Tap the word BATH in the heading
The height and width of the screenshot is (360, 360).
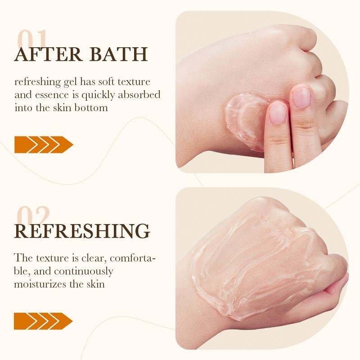click(118, 54)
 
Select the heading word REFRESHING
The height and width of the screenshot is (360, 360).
click(82, 231)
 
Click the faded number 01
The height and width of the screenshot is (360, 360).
click(32, 39)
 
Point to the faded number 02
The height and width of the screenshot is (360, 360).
click(33, 216)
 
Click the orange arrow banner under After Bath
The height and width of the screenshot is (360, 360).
click(44, 144)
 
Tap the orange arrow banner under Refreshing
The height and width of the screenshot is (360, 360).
click(43, 321)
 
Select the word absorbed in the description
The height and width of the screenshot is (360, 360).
click(139, 95)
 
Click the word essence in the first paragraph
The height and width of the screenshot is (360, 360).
click(52, 95)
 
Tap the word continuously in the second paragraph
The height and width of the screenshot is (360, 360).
click(84, 272)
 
